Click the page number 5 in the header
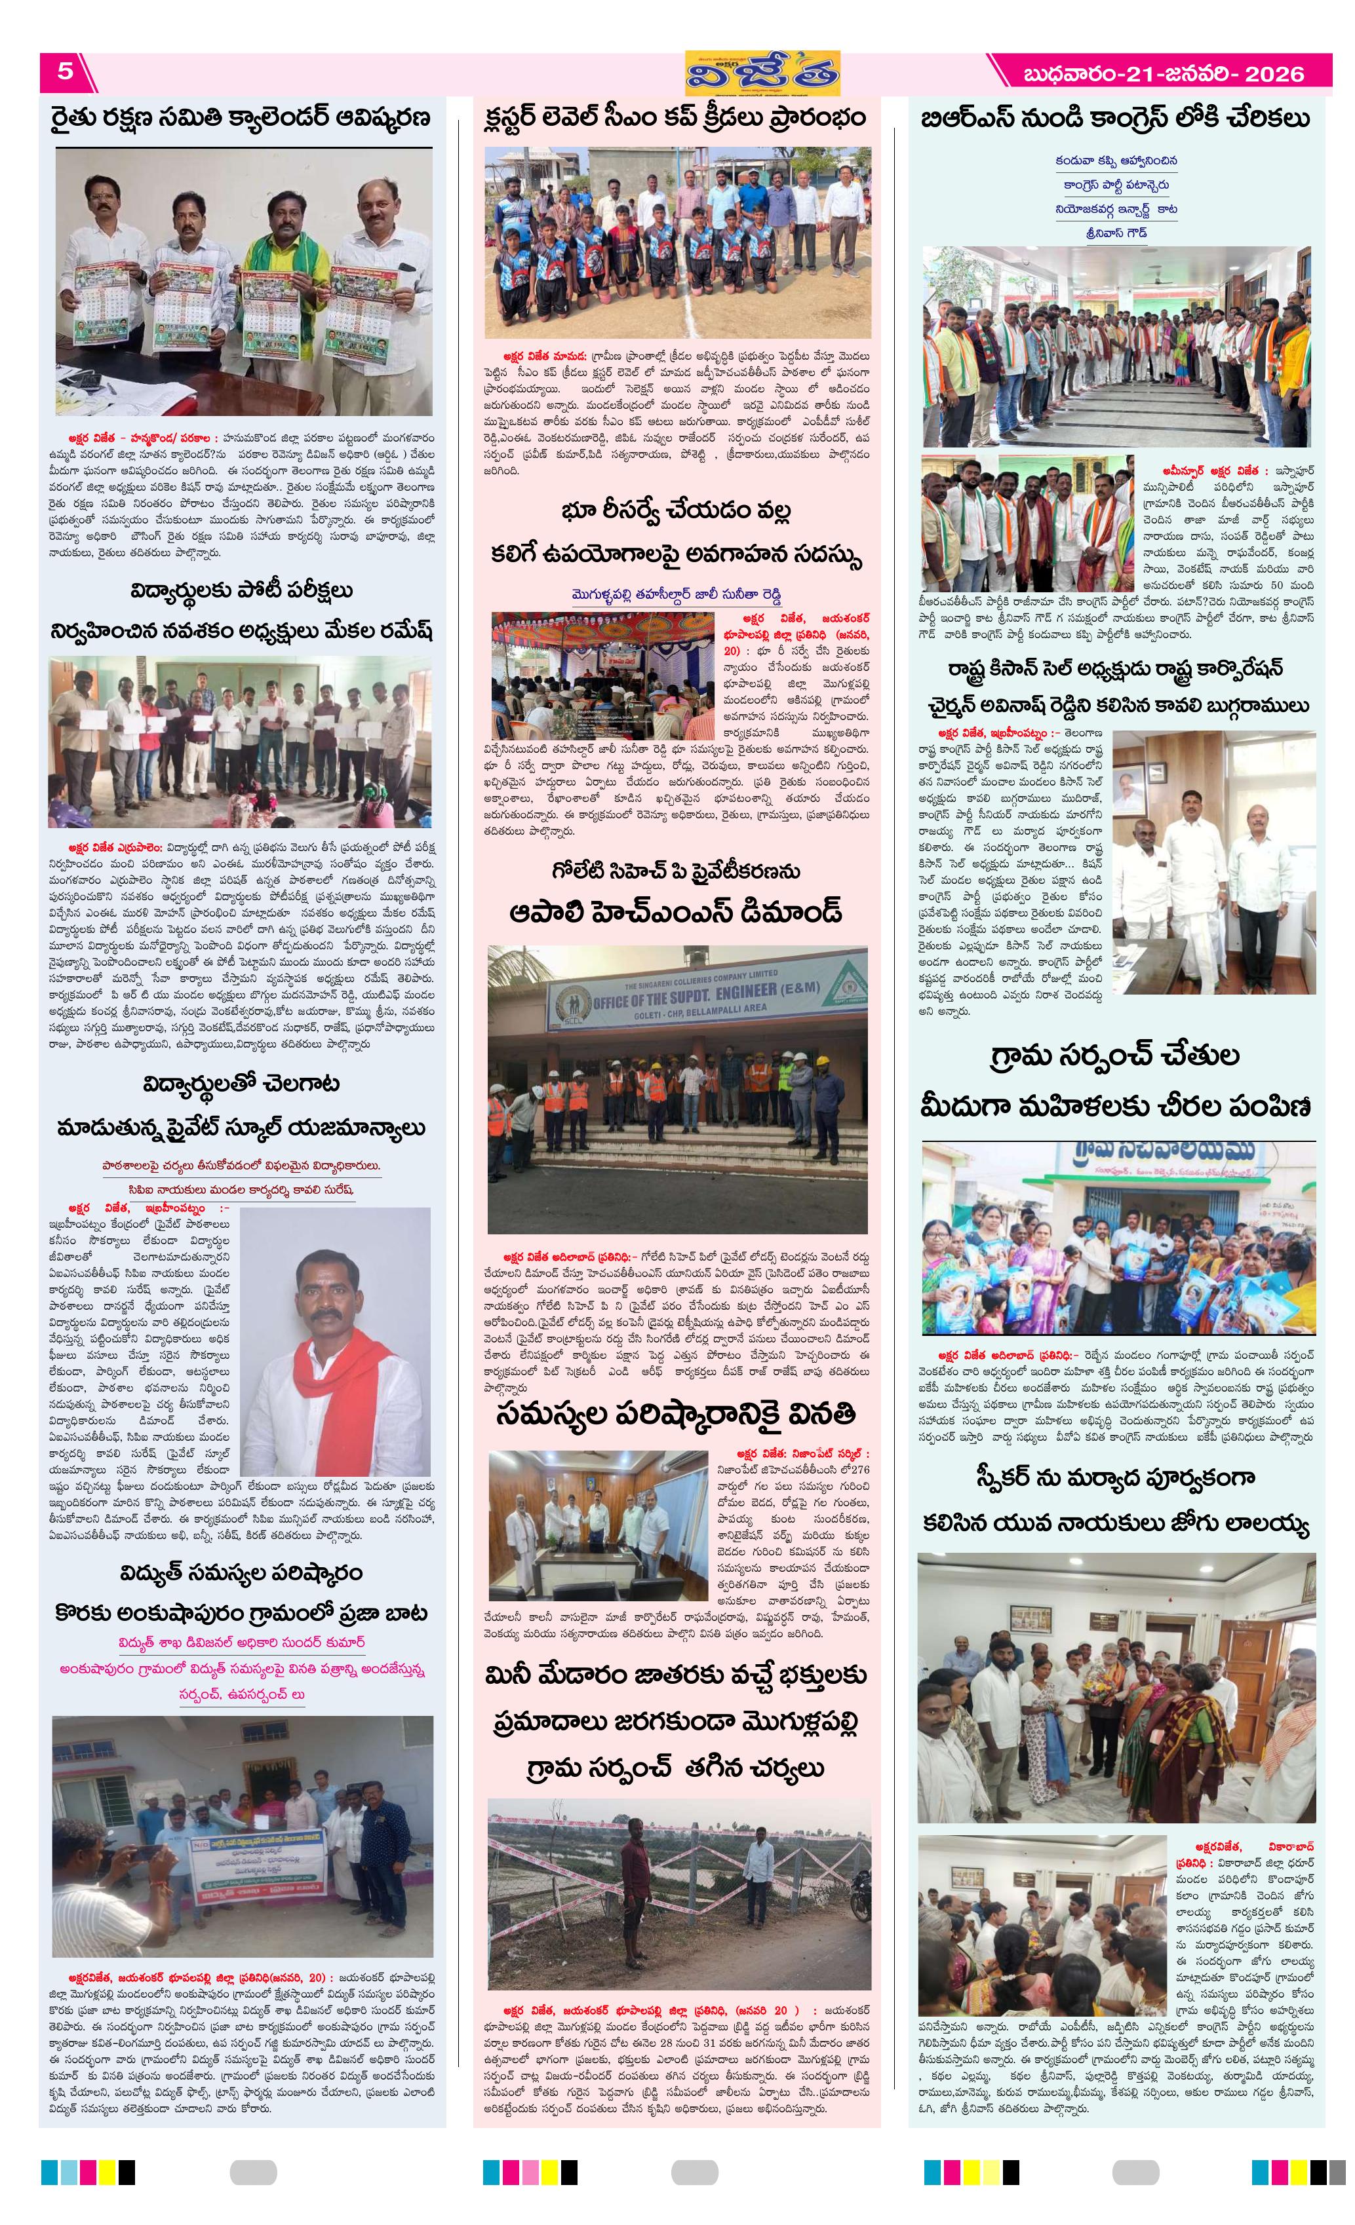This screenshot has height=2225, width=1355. tap(65, 71)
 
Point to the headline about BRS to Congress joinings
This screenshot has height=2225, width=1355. tap(1114, 119)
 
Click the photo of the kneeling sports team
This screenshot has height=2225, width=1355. tap(678, 242)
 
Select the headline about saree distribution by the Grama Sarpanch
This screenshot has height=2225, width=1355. tap(1114, 1081)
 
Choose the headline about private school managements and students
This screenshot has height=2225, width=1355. tap(241, 1105)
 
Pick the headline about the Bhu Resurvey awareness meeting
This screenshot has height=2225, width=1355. tap(676, 533)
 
